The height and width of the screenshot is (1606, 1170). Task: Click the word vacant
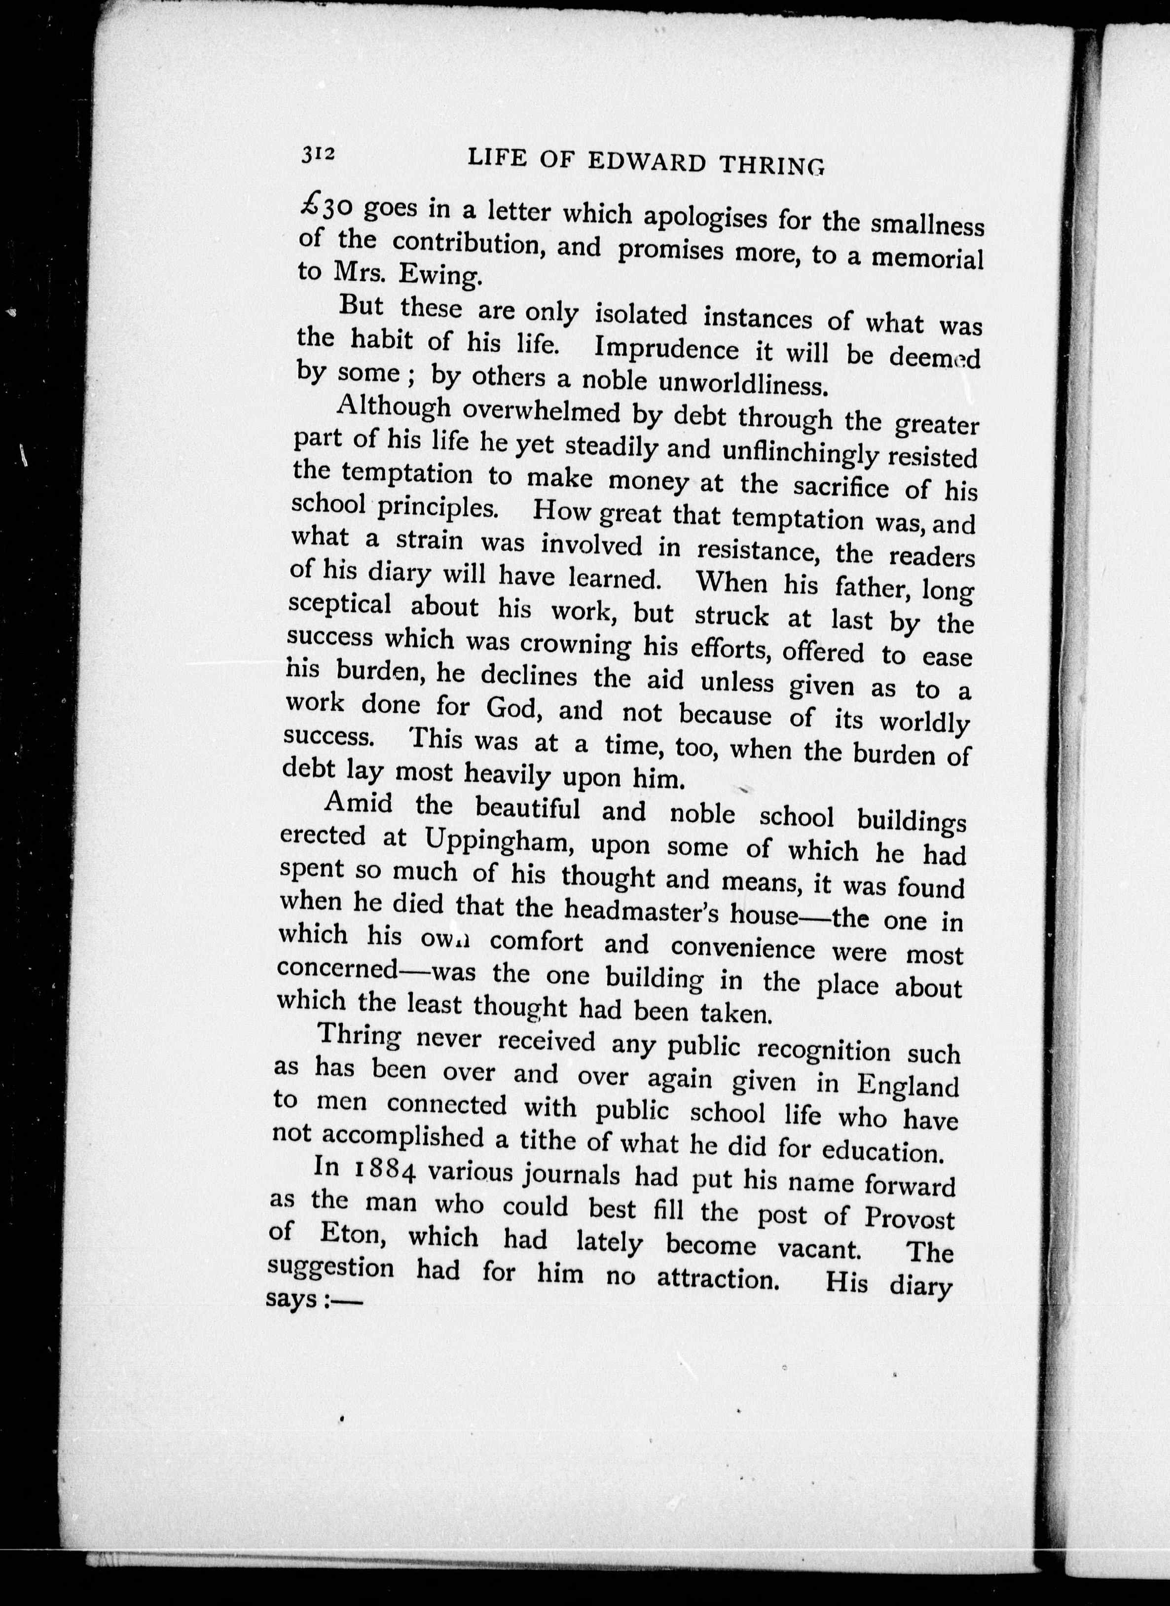pyautogui.click(x=819, y=1248)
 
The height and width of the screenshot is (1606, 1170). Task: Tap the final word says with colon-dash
pyautogui.click(x=313, y=1300)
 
